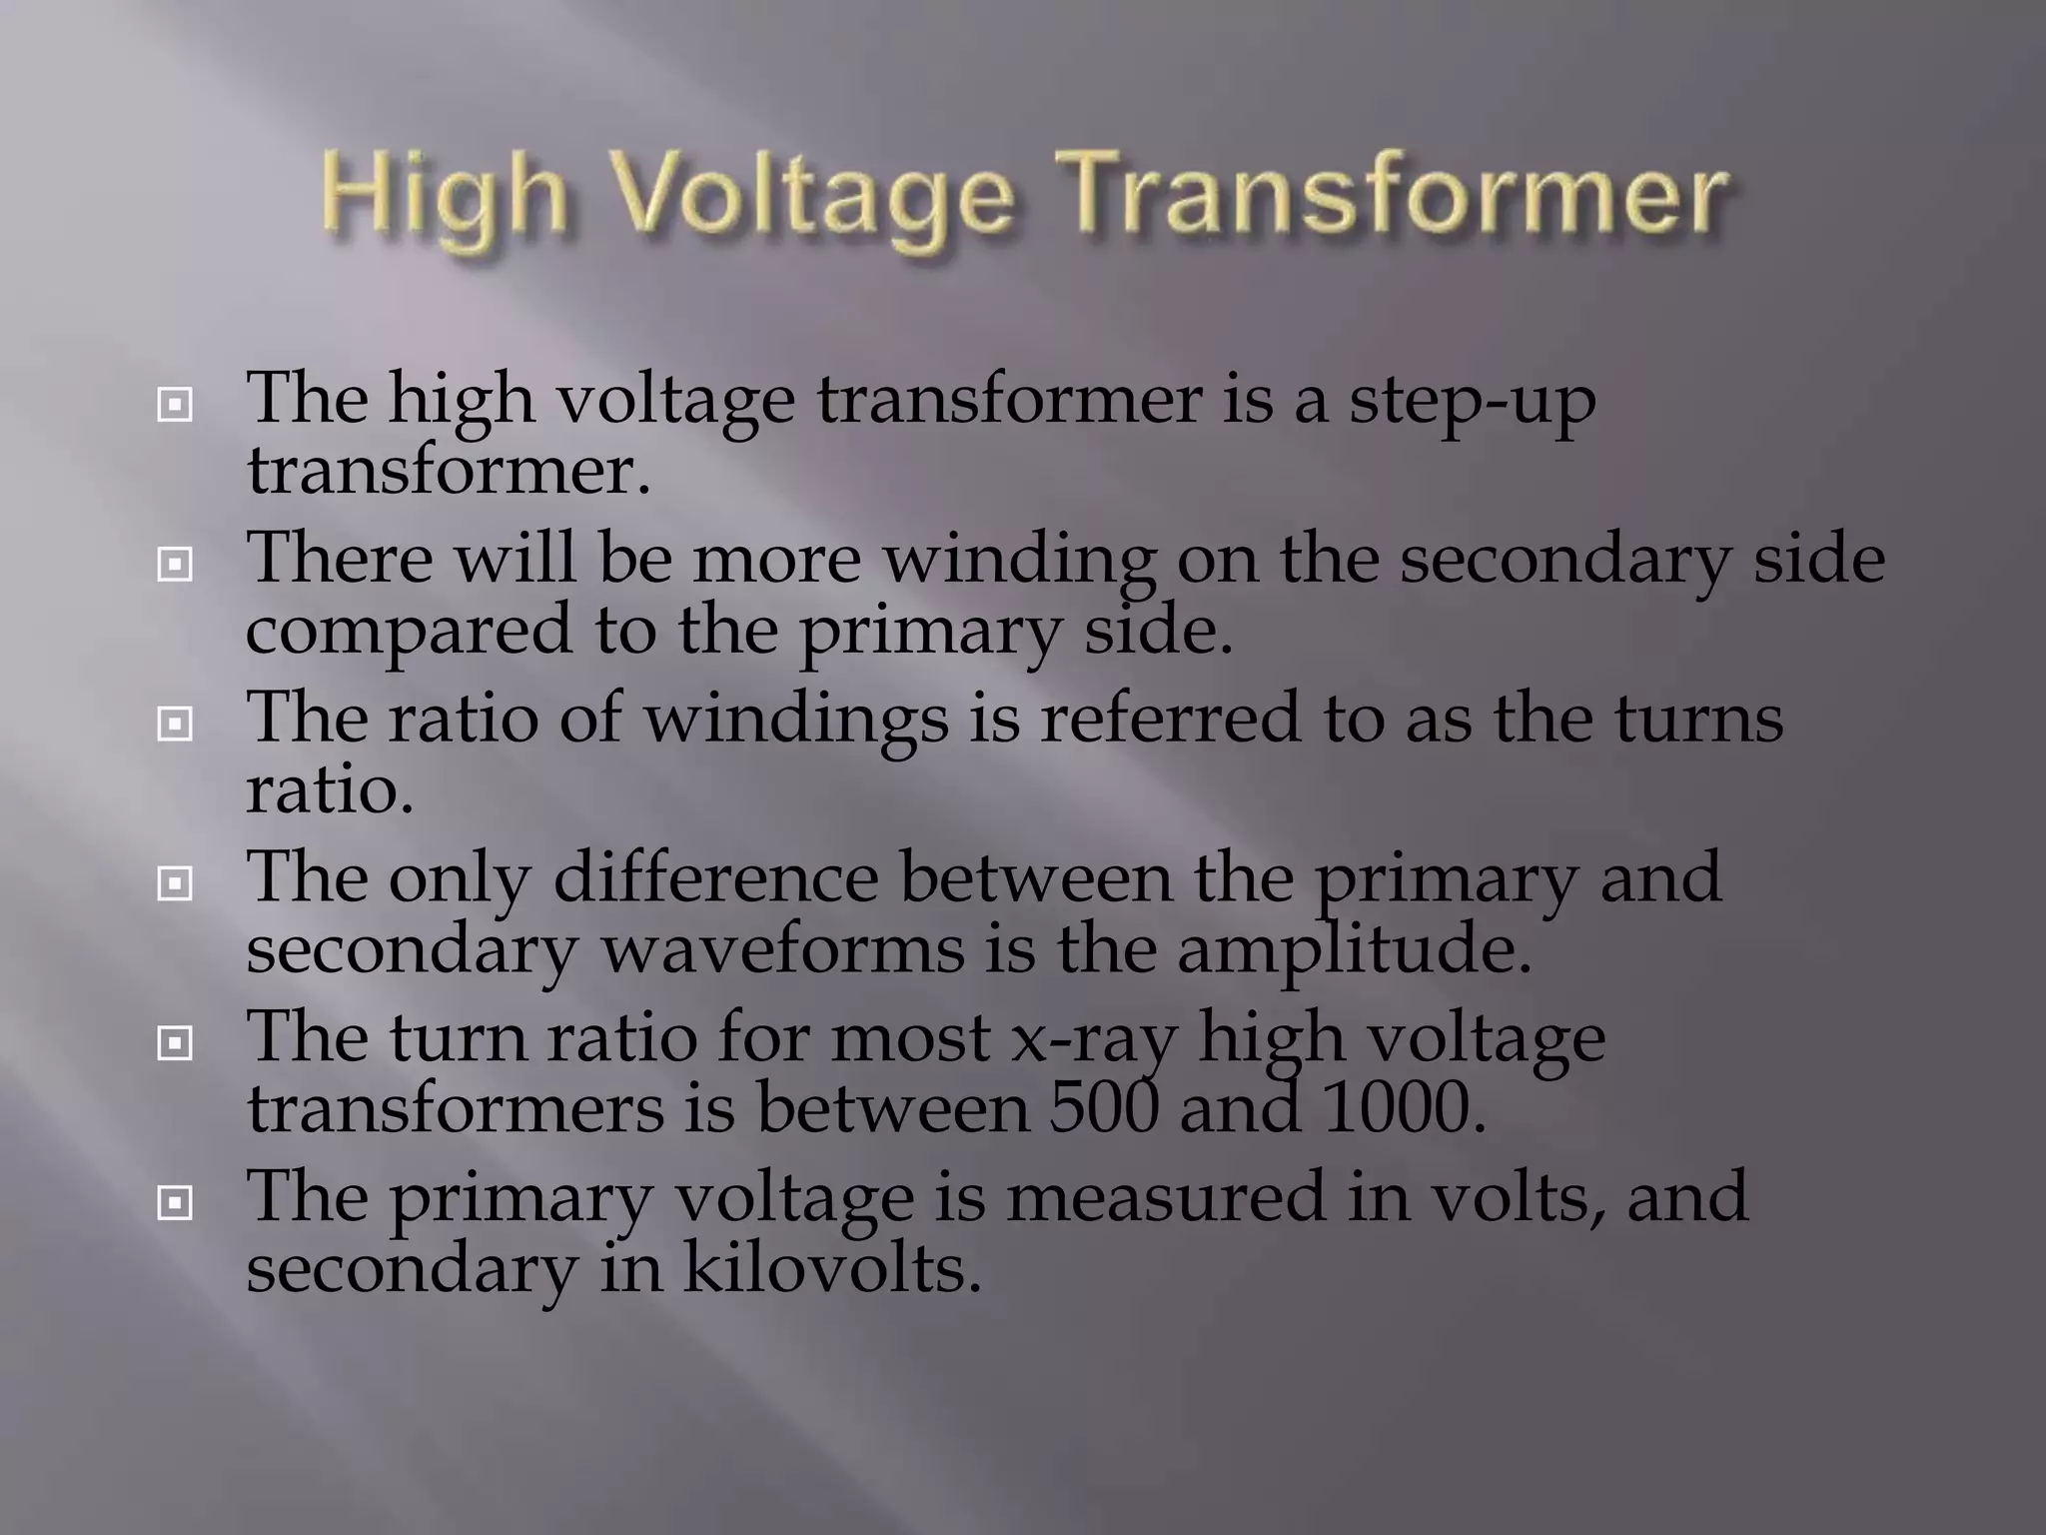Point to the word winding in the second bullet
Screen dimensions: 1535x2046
coord(1019,561)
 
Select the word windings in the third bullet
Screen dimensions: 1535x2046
coord(795,721)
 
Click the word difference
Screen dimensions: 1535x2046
coord(715,878)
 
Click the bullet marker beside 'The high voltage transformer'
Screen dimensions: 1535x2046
coord(175,405)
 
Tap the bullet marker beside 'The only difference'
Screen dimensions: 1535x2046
coord(175,883)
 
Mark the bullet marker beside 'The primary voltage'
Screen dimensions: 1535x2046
coord(175,1203)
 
